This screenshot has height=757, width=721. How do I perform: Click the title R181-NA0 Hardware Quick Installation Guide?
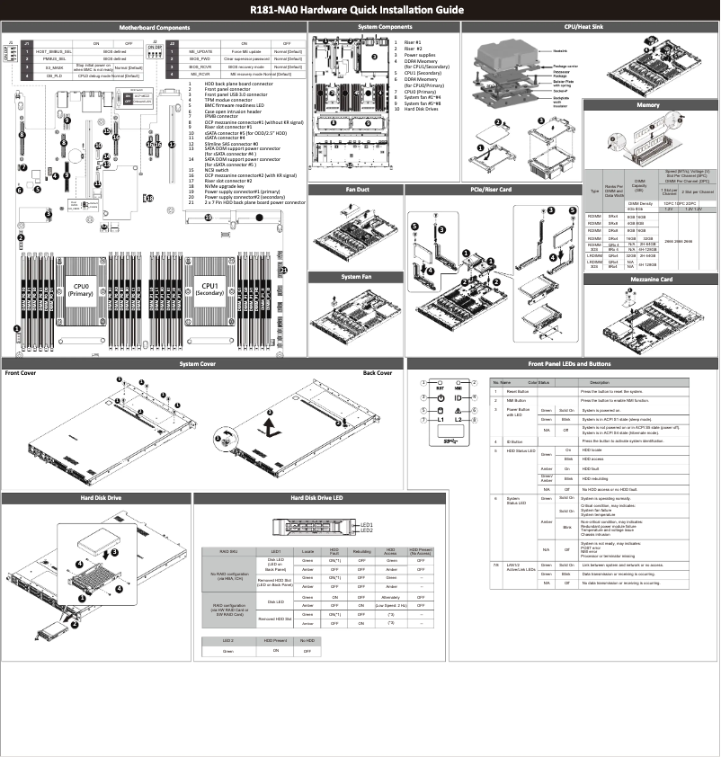360,10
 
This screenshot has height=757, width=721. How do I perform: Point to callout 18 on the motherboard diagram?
149,198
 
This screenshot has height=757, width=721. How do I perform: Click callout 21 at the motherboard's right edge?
282,269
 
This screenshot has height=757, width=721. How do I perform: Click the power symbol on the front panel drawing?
441,396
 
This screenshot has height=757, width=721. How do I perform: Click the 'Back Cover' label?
377,372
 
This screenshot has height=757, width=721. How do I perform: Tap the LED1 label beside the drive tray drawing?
366,524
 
